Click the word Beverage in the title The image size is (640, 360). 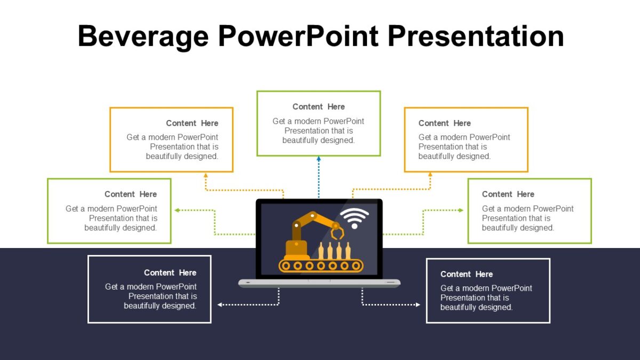(143, 37)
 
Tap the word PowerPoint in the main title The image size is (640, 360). (298, 36)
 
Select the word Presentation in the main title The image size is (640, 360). (476, 36)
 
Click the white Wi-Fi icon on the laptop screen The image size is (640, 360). (354, 218)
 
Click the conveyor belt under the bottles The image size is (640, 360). (321, 265)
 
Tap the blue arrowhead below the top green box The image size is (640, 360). (318, 159)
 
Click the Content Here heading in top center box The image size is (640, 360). (318, 107)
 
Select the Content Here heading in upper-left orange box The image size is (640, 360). (192, 123)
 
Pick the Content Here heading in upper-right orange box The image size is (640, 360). (444, 123)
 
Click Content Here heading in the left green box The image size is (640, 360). (131, 194)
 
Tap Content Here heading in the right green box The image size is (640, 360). (508, 194)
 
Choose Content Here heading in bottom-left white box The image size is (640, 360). (170, 273)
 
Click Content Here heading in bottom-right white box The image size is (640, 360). (466, 274)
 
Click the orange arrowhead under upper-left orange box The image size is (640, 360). (206, 174)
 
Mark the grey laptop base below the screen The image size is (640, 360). (319, 283)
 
